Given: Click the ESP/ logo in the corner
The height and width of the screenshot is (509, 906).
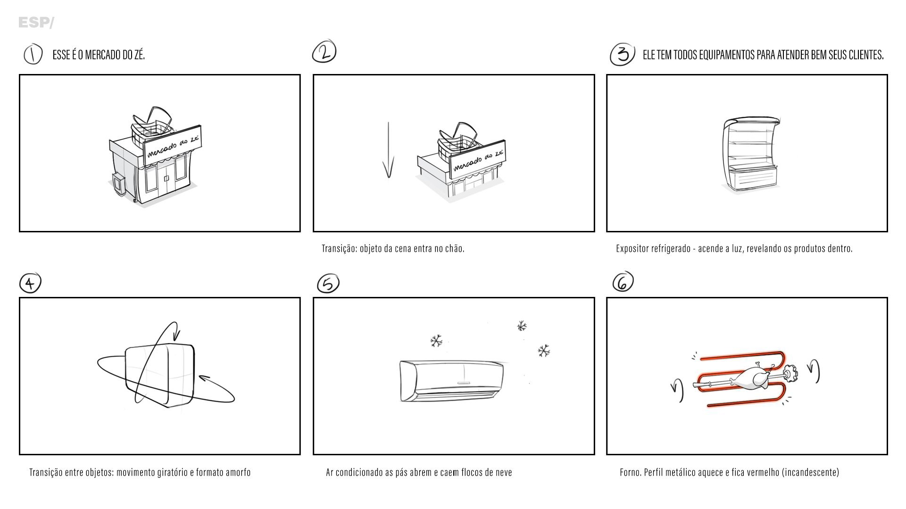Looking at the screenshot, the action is [36, 23].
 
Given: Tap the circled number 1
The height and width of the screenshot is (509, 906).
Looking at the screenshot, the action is [33, 54].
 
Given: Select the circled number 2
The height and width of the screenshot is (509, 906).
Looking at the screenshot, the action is [324, 52].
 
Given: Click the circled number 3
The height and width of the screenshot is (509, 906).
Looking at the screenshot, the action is [623, 55].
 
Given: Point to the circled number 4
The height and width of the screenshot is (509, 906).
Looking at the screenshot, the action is [30, 283].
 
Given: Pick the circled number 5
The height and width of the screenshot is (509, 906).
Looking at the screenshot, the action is [328, 284].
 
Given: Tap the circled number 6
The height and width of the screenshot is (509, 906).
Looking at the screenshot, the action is [623, 282].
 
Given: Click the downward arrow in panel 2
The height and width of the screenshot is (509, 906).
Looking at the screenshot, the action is [388, 150].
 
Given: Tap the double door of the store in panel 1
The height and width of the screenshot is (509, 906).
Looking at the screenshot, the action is [166, 177].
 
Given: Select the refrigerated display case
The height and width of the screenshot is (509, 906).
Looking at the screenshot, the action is [750, 155].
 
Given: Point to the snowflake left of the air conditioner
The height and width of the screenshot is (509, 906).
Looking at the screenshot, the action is [436, 341].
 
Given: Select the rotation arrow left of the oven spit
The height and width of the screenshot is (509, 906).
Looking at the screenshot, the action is [678, 390].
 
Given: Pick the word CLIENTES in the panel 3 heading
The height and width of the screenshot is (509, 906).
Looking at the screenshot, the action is [866, 55].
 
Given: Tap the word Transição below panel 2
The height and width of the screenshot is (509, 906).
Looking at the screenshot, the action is [340, 248].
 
